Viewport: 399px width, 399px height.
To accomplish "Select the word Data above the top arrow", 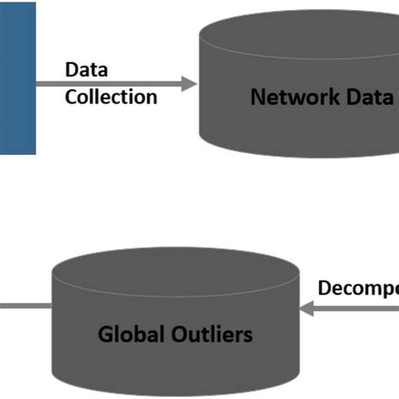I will [x=87, y=71].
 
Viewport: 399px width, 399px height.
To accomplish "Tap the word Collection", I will [x=111, y=97].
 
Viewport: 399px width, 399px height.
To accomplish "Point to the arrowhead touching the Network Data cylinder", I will [x=189, y=83].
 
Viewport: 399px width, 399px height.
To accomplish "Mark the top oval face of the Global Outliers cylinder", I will [x=175, y=270].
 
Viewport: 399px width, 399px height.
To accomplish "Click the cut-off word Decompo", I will [x=358, y=289].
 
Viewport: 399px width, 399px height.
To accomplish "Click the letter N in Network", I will [x=258, y=96].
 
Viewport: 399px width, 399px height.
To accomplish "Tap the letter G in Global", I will [x=106, y=334].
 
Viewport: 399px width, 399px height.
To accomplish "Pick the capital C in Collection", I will [x=72, y=97].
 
